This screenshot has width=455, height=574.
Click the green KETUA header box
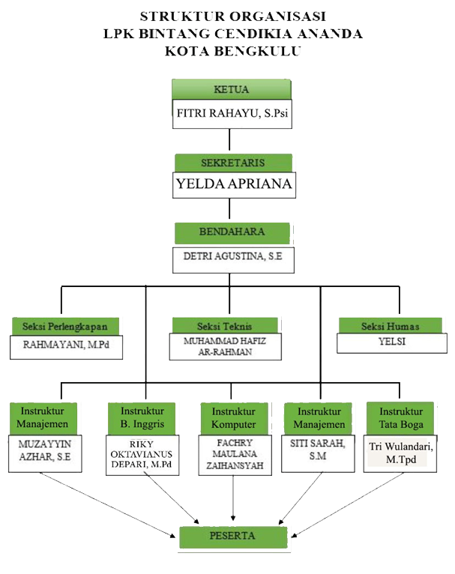click(x=232, y=89)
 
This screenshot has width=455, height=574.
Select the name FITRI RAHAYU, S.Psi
click(x=232, y=113)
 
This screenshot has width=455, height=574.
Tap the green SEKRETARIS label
click(x=233, y=163)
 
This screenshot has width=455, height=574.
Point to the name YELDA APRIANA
click(x=234, y=184)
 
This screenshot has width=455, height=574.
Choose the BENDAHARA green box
click(x=232, y=233)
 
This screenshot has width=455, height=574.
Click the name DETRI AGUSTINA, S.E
click(x=233, y=256)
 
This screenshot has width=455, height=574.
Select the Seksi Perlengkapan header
click(x=65, y=326)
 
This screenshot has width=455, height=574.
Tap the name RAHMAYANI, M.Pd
click(x=66, y=345)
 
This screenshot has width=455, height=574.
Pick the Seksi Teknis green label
click(x=225, y=325)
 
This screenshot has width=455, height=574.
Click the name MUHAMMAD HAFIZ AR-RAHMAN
click(x=225, y=346)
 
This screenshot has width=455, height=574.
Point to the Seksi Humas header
click(x=391, y=325)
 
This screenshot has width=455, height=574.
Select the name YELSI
click(x=392, y=341)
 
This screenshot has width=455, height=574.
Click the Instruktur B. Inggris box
click(x=142, y=418)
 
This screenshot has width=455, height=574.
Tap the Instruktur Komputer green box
click(x=234, y=418)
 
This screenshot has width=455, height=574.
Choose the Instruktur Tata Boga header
click(x=400, y=418)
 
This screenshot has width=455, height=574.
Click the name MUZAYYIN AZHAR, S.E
click(x=45, y=450)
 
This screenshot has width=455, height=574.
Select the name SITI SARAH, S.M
click(x=317, y=450)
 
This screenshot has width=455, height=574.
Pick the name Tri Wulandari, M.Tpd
click(x=401, y=453)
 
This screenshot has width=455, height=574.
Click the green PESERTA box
click(x=233, y=537)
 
